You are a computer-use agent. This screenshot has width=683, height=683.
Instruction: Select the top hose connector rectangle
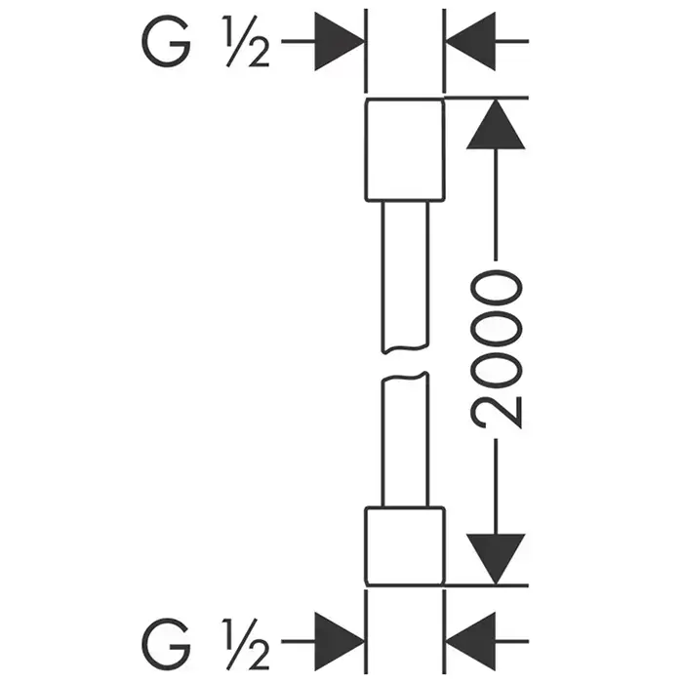[x=404, y=151]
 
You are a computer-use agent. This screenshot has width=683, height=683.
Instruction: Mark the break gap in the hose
[x=404, y=363]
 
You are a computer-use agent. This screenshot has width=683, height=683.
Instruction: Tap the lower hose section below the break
[x=404, y=444]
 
